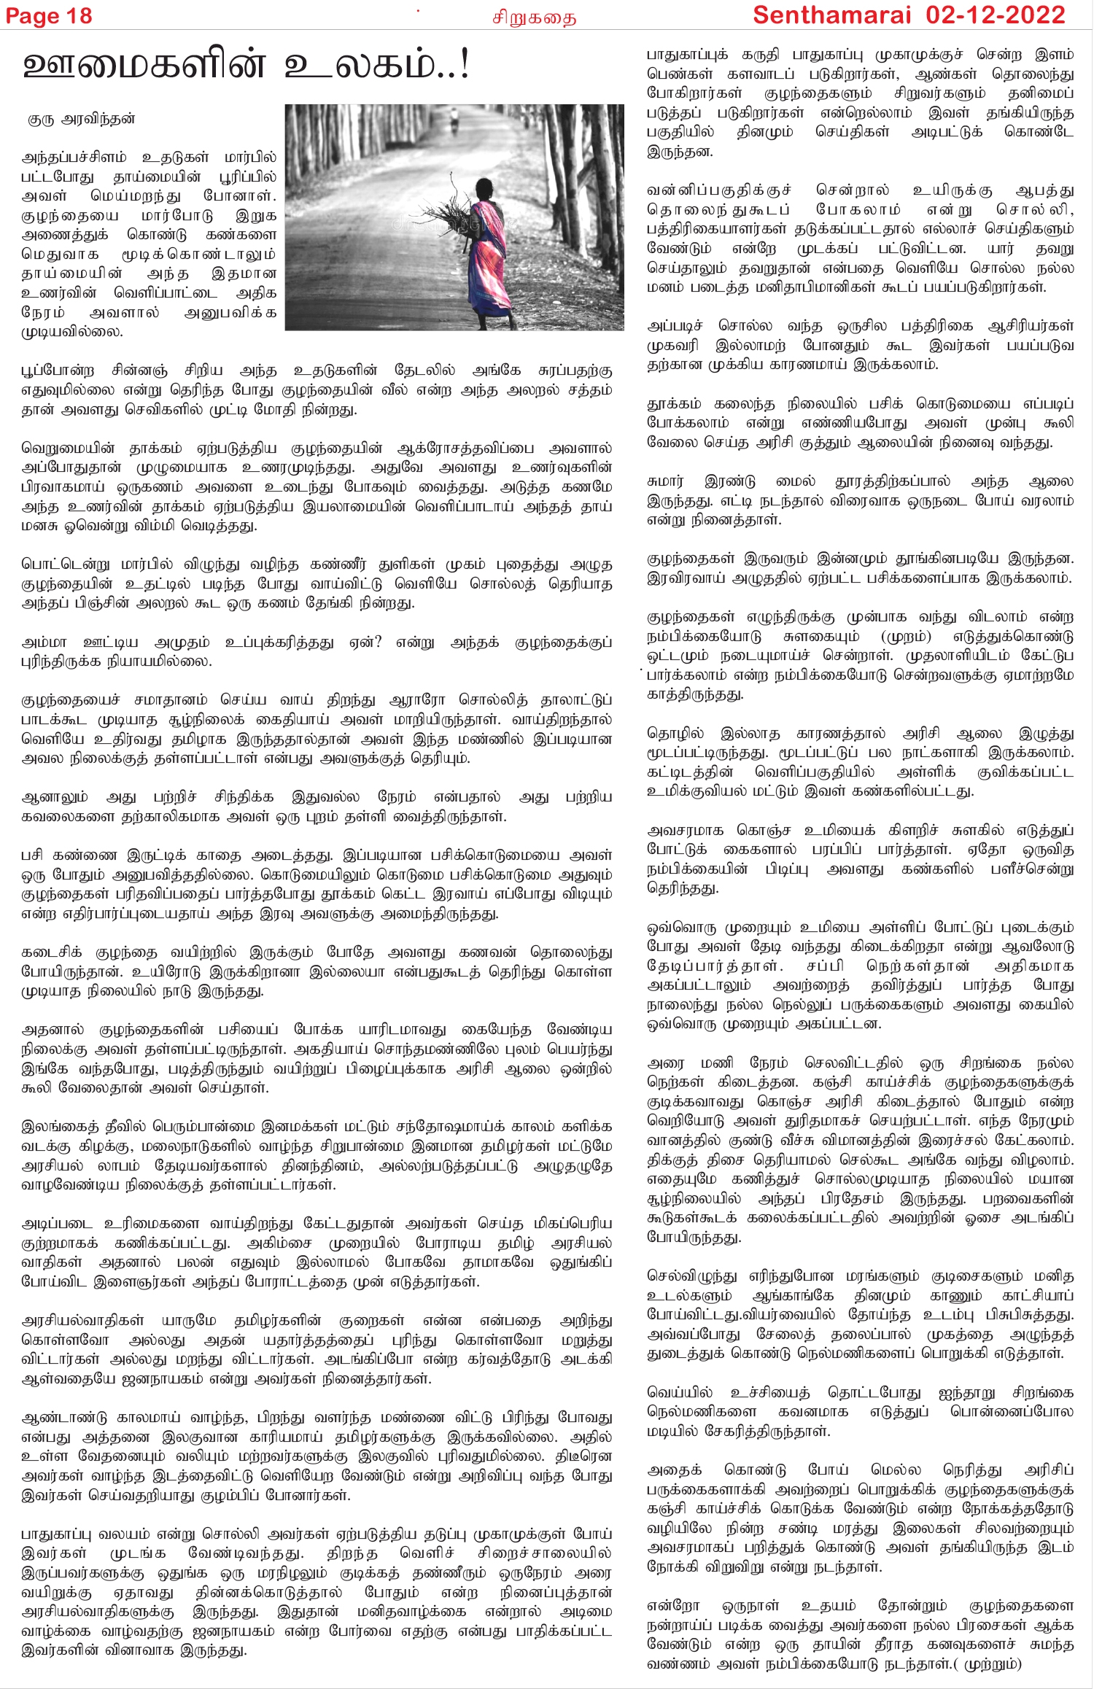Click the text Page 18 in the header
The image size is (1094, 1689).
[x=49, y=16]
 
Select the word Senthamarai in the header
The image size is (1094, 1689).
[x=832, y=15]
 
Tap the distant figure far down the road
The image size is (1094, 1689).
[x=454, y=120]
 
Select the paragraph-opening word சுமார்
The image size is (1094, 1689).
[x=665, y=481]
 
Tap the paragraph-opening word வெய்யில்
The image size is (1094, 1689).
[x=680, y=1392]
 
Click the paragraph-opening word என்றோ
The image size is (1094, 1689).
[x=673, y=1606]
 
